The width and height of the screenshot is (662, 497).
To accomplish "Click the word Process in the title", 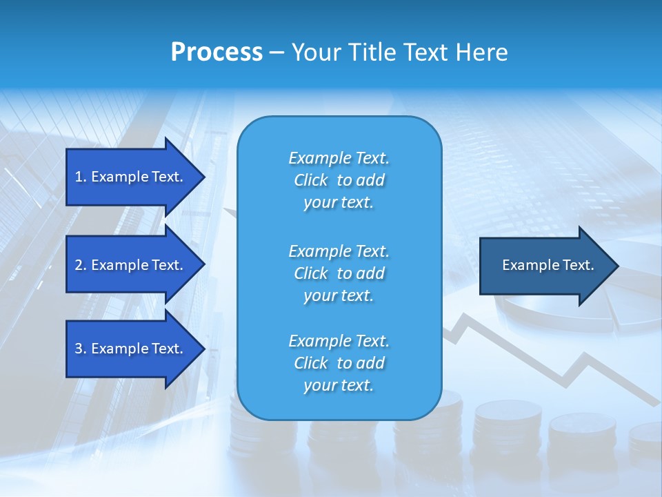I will pos(217,52).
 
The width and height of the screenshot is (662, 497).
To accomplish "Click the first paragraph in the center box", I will pos(339,180).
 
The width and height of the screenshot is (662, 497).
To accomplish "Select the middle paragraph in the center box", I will pos(339,273).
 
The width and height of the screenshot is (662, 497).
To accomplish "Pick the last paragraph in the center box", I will pos(339,363).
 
